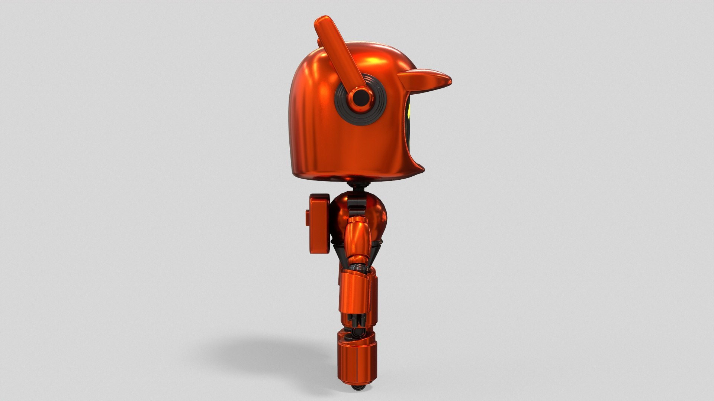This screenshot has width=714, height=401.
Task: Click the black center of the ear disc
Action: click(x=360, y=98)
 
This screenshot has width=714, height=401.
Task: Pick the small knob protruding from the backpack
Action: click(x=308, y=217)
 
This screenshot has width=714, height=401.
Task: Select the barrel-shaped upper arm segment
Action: click(x=358, y=238)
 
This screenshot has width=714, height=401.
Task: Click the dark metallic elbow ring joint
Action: click(x=356, y=266)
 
